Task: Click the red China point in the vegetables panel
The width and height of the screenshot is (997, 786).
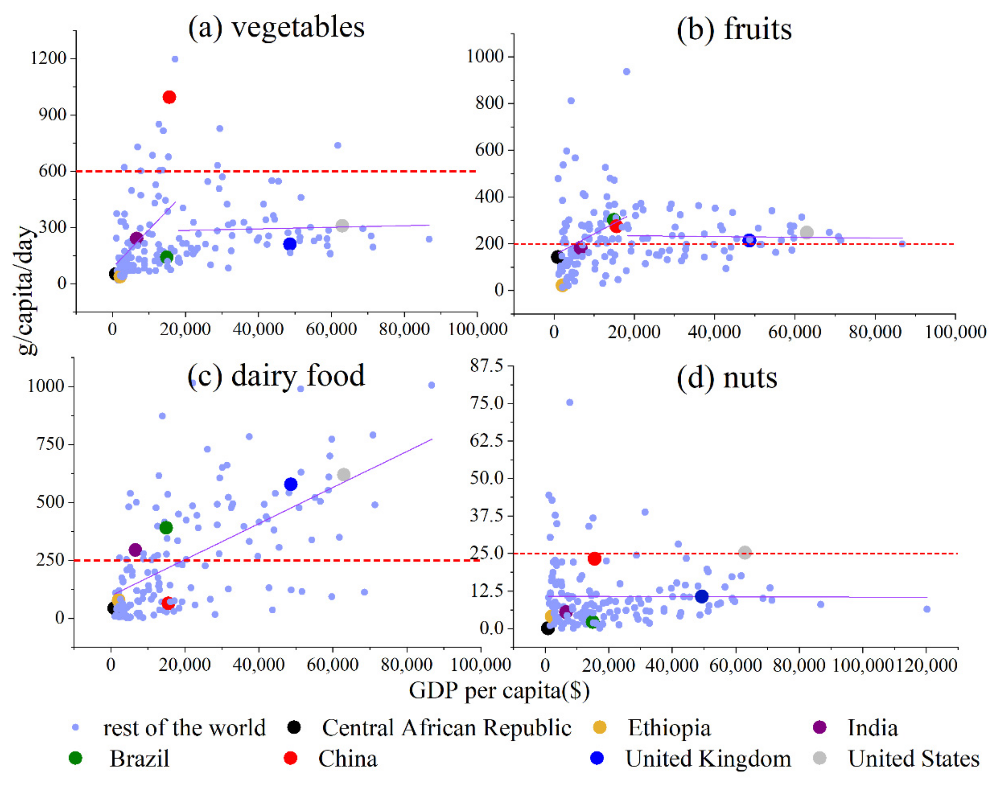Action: [169, 97]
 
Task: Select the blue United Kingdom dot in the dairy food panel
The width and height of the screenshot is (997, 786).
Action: [291, 484]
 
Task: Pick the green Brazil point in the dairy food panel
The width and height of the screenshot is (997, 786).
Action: [166, 528]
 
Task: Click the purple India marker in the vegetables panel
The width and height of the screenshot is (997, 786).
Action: [136, 238]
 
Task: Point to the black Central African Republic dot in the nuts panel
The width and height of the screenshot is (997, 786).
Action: [547, 628]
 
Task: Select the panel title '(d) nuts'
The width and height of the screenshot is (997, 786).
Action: [727, 378]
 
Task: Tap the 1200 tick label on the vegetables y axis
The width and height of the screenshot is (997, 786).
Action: [48, 59]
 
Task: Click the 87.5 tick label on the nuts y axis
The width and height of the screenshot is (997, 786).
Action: [486, 366]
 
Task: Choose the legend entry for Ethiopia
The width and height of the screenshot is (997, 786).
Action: [669, 729]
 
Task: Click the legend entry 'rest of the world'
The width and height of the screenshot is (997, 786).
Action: [184, 729]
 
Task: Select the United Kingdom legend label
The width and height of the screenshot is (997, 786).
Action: [708, 759]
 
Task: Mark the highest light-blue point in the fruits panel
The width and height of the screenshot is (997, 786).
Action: [627, 72]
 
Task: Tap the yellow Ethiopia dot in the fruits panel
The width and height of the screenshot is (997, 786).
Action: [562, 285]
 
